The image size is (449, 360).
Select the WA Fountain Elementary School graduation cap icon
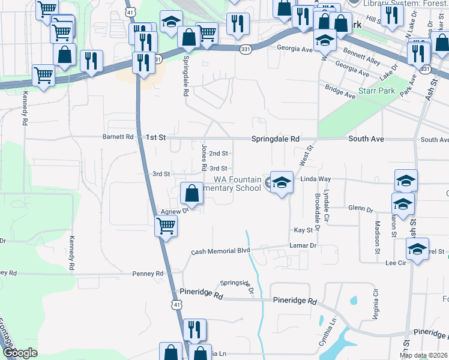[x=281, y=182]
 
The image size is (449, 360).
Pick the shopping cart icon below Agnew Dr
[x=166, y=227]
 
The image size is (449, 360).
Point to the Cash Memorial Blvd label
[x=220, y=251]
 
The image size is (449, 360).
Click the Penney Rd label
[x=151, y=274]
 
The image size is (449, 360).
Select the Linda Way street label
[x=316, y=179]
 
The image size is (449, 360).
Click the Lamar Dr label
[x=303, y=246]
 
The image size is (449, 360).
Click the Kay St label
[x=303, y=230]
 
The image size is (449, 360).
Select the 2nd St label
[x=218, y=154]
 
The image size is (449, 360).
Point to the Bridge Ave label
[x=340, y=91]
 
